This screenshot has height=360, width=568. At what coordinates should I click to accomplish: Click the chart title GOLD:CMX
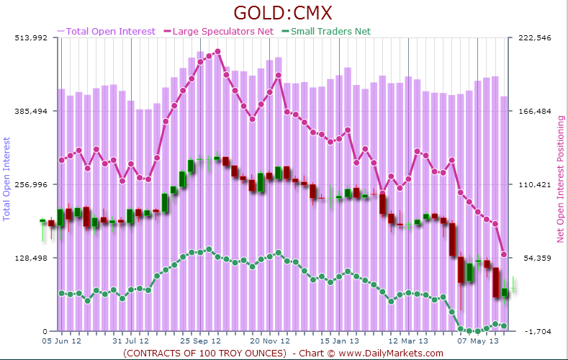(284, 13)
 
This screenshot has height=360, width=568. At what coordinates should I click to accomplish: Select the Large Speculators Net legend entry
(220, 31)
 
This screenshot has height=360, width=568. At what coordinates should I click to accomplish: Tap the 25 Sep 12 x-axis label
(200, 341)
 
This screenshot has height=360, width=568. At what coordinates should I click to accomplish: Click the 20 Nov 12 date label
(270, 341)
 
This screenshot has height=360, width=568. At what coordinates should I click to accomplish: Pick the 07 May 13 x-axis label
(479, 341)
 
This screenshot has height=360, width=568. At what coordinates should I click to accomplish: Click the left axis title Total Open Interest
(7, 177)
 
